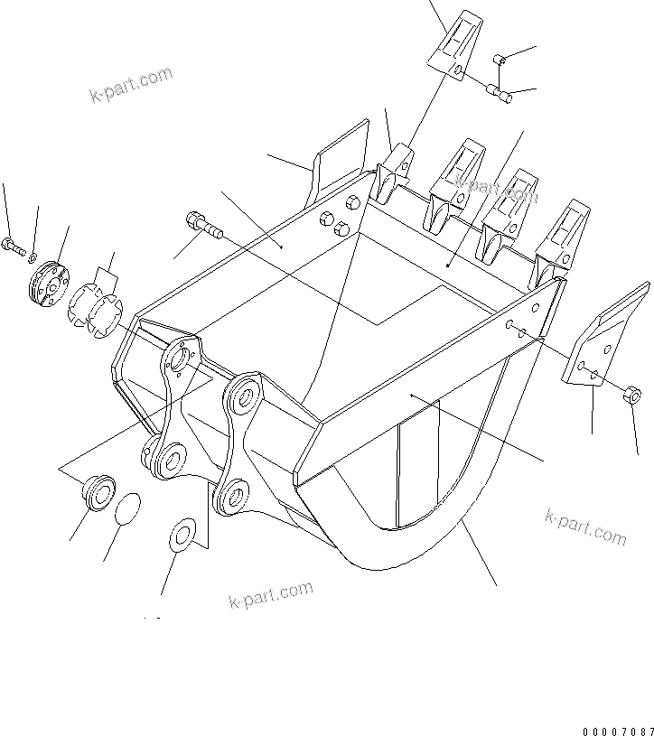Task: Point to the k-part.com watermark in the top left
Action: (x=131, y=84)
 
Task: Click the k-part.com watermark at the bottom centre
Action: (x=270, y=595)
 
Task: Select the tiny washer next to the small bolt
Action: (x=32, y=260)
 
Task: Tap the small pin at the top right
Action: (x=498, y=61)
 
